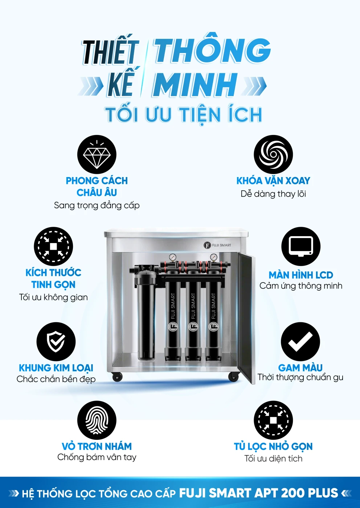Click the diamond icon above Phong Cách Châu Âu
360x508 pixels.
97,155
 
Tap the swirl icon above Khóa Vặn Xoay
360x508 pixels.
273,155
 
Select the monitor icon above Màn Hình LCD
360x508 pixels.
301,246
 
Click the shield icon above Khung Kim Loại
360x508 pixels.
56,341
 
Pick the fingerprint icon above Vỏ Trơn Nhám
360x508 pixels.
97,420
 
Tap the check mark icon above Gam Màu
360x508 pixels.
300,341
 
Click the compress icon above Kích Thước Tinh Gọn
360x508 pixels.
53,246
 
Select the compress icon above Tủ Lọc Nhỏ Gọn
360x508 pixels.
273,420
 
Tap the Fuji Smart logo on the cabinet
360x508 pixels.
217,245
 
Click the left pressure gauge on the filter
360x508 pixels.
172,257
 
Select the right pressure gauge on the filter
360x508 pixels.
213,257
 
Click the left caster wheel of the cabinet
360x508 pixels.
117,377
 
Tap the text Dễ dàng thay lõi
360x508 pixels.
273,194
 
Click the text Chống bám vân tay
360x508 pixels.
97,457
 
